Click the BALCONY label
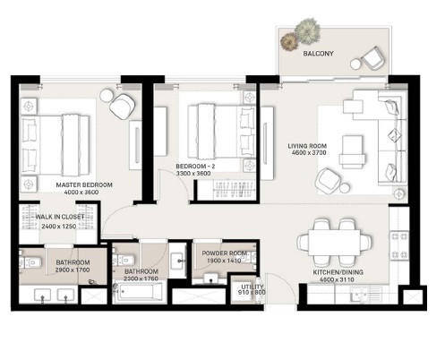pyautogui.click(x=318, y=54)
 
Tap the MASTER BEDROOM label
pyautogui.click(x=77, y=185)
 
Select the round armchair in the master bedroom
pyautogui.click(x=121, y=107)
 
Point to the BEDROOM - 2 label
pyautogui.click(x=194, y=167)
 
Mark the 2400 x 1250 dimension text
pyautogui.click(x=59, y=227)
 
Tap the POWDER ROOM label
pyautogui.click(x=225, y=254)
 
